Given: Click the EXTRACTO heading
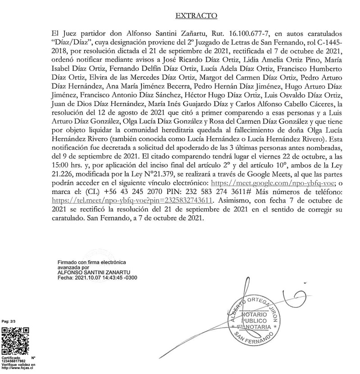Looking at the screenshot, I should click(x=196, y=16).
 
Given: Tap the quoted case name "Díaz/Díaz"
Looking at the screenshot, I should click(x=71, y=42).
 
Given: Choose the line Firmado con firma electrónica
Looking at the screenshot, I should click(x=92, y=263).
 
